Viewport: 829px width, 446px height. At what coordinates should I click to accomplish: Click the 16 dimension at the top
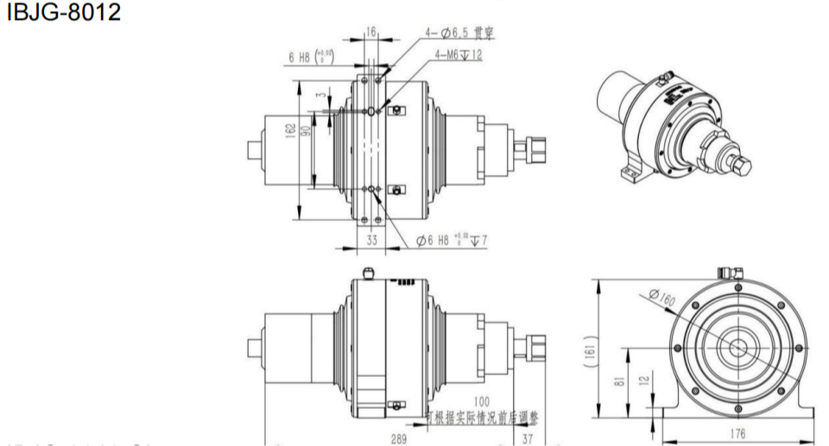pos(371,31)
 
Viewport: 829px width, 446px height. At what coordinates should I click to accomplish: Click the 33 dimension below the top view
pos(372,242)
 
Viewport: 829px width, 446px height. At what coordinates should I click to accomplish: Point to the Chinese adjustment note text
pos(483,418)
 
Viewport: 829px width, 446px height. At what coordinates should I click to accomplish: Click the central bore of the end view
pos(738,346)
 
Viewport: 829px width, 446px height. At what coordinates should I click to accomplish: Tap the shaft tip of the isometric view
pos(742,166)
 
